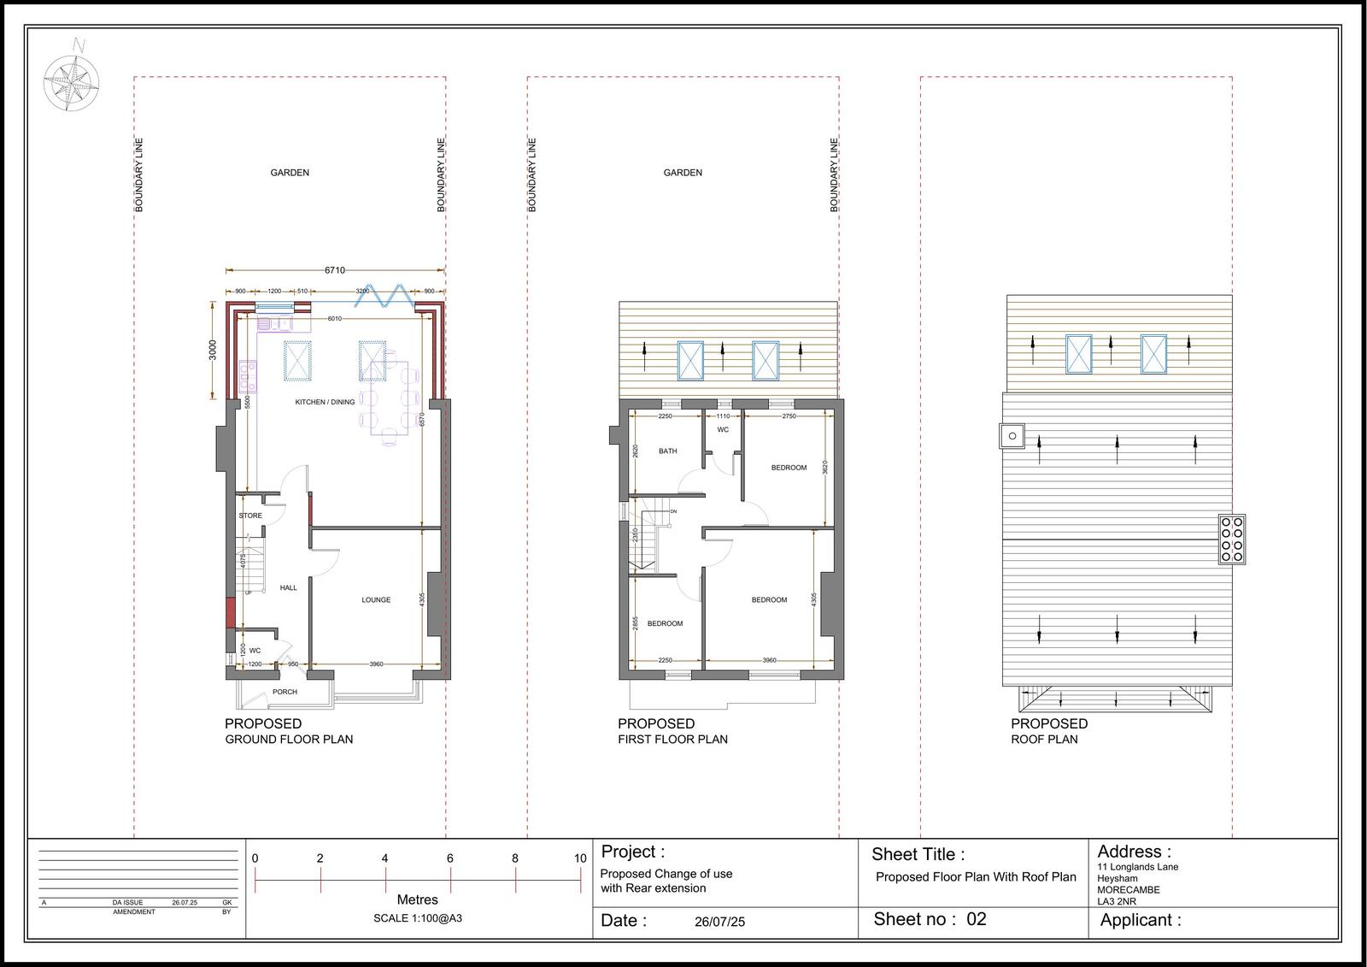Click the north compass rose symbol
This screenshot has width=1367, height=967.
pos(71,82)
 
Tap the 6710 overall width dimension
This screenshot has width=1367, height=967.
pos(334,270)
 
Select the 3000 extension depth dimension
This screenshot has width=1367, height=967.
pos(214,350)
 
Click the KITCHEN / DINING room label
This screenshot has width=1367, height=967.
pos(325,402)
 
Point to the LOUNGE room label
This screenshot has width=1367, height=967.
pos(376,600)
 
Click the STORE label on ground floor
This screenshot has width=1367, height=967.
pos(250,516)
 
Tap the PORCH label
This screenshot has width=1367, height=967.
pos(285,692)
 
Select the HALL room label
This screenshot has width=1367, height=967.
pos(289,587)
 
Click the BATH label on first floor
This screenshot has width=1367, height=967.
pos(668,451)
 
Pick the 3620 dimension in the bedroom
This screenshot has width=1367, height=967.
pos(824,468)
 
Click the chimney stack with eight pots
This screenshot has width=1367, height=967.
pos(1232,539)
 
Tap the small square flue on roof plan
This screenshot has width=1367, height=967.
pos(1012,436)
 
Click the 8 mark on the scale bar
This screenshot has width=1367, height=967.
pos(515,858)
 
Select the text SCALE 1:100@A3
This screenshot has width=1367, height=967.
pos(418,918)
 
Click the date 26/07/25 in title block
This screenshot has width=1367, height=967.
pos(719,922)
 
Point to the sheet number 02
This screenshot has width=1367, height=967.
pos(977,919)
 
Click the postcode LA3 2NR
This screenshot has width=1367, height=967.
pos(1117,901)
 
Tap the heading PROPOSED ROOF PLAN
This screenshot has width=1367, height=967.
pos(1048,731)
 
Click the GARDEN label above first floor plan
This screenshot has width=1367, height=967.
pos(683,173)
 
